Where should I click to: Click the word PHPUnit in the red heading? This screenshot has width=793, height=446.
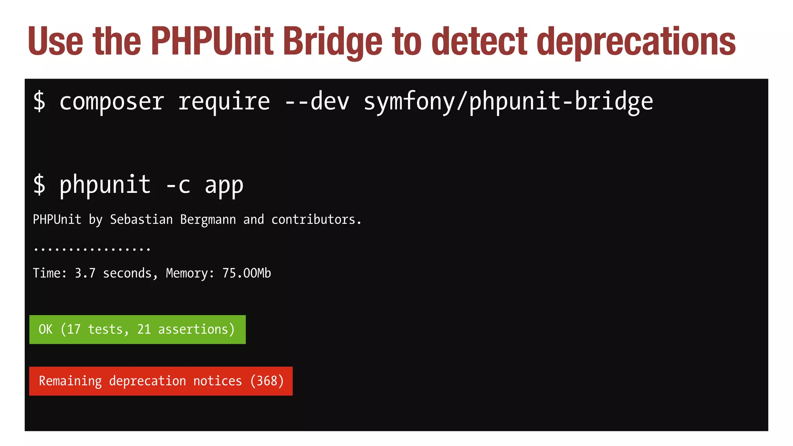point(212,41)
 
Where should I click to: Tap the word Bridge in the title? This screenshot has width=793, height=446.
point(333,41)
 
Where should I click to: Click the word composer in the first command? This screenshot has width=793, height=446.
point(112,102)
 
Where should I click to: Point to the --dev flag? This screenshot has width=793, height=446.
point(317,102)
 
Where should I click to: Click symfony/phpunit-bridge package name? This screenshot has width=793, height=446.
point(508,102)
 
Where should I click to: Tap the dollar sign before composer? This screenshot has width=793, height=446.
point(39,102)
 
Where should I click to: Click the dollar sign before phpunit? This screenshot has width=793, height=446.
point(39,185)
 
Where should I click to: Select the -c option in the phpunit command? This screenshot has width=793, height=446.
point(178,185)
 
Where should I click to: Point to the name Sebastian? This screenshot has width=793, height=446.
point(141,220)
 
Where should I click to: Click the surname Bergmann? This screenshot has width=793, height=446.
point(208,220)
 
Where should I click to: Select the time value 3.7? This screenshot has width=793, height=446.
point(85,273)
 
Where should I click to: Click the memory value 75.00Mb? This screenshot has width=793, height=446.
point(246,273)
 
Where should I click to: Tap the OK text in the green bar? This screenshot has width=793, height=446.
point(45,329)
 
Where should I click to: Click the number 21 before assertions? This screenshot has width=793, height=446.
point(144,329)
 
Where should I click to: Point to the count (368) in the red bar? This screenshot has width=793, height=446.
point(267,381)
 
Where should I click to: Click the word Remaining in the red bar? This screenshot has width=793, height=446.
point(70,381)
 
